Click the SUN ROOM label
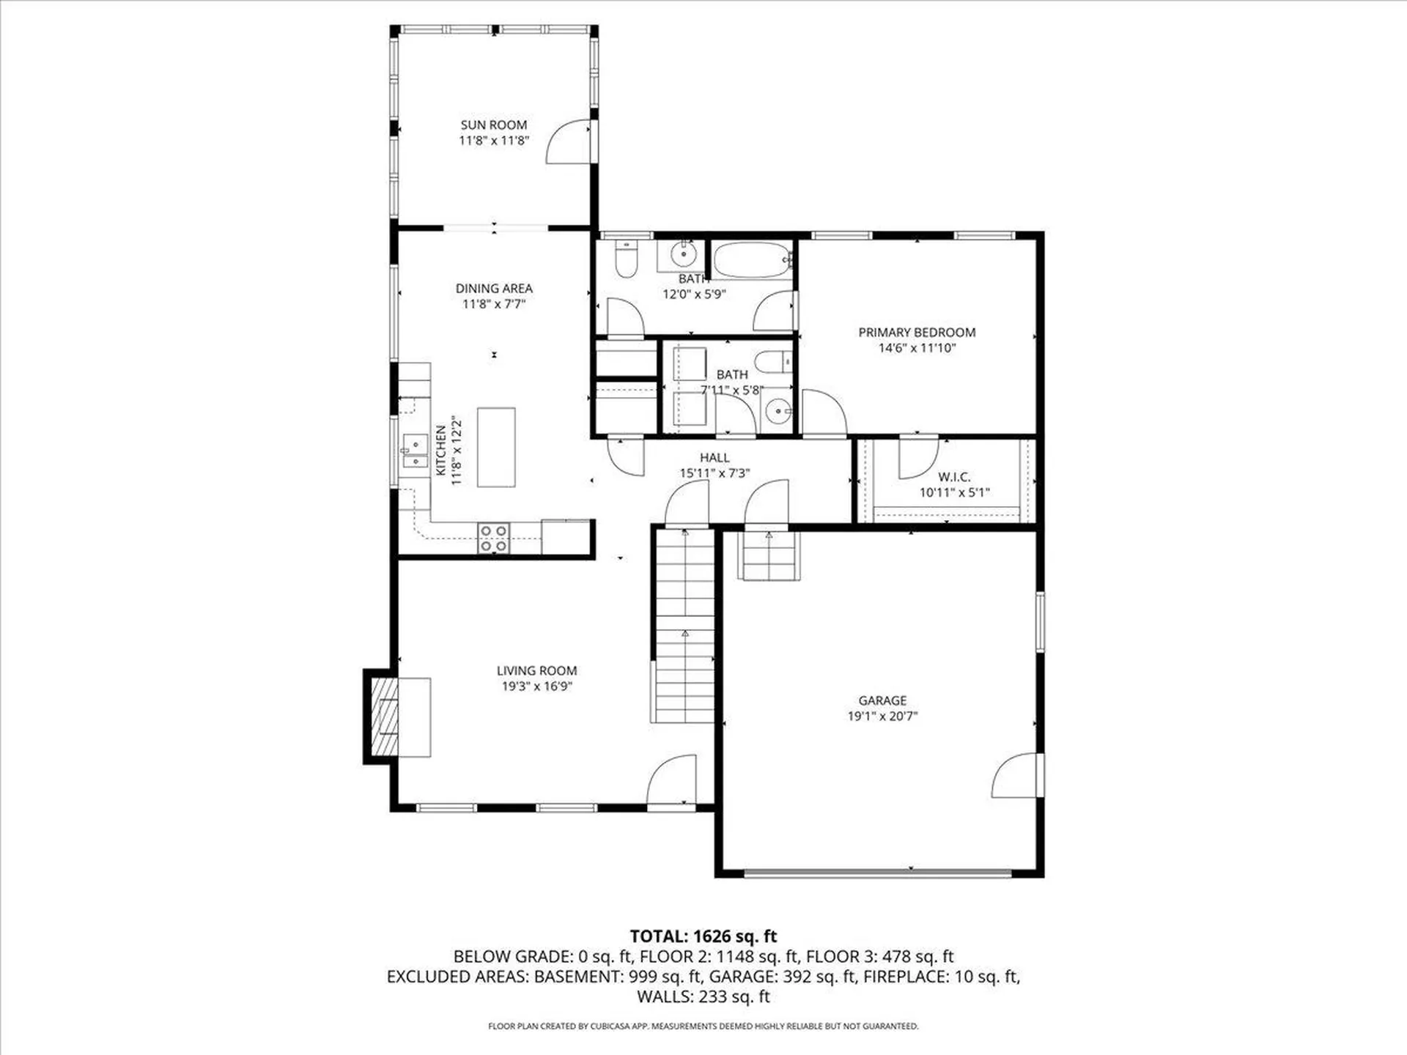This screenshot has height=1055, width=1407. coord(493,125)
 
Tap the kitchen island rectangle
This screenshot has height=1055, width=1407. coord(496,447)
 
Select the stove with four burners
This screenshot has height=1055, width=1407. coord(493,538)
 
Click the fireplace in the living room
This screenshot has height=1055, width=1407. coord(385,717)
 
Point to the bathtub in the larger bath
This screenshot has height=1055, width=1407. coord(751,260)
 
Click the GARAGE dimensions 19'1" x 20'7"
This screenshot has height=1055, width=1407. coord(882,717)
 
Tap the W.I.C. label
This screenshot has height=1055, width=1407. coord(954,477)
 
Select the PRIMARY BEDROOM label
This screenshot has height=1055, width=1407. coord(917,332)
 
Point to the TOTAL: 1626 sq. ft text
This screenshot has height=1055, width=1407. coord(703,936)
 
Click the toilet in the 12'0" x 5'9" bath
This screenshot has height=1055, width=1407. coord(626,259)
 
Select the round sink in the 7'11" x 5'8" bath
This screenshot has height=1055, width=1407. coord(777,412)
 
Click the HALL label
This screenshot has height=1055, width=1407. coord(714,458)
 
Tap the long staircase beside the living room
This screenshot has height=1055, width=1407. coord(684,626)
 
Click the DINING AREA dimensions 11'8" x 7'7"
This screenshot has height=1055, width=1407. coord(494,304)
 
